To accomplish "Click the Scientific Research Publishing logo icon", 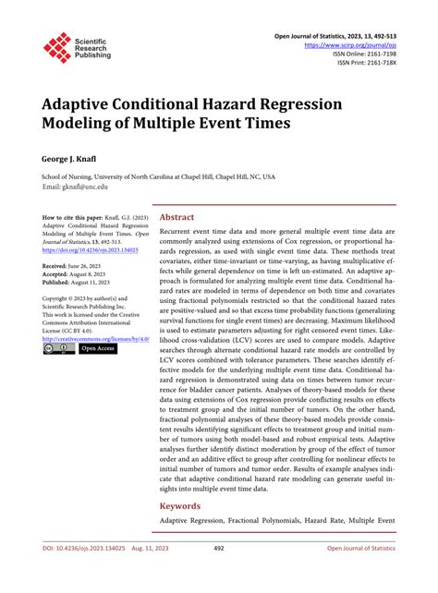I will click(x=57, y=47).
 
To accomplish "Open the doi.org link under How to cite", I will click(x=88, y=249).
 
